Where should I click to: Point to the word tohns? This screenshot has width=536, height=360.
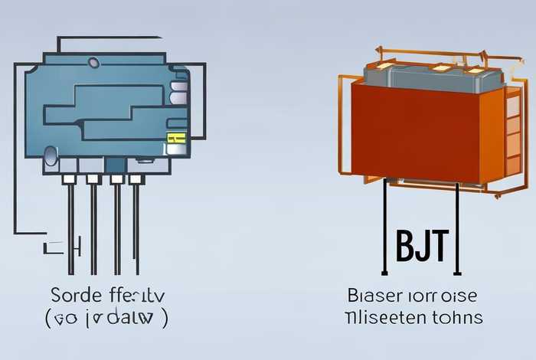[x=459, y=316]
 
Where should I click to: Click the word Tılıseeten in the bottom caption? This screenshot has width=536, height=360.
[x=387, y=316]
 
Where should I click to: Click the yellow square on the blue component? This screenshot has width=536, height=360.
[x=176, y=139]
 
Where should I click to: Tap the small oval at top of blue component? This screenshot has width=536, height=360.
[x=94, y=62]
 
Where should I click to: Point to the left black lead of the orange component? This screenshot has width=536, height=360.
[x=384, y=230]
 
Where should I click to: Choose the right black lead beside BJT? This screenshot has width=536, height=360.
[x=457, y=230]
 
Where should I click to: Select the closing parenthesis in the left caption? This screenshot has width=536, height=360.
[x=165, y=316]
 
